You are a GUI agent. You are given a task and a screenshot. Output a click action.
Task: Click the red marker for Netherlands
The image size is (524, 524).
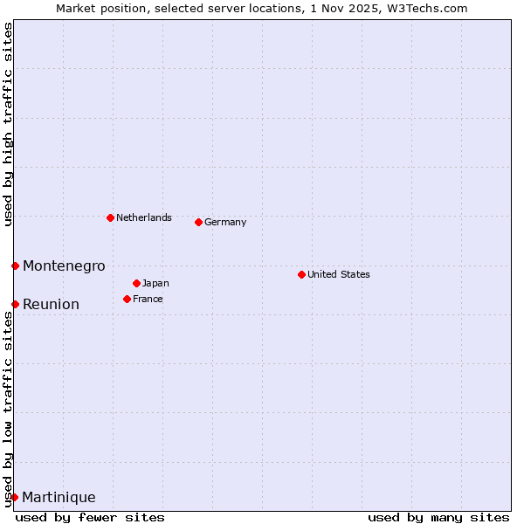tap(110, 217)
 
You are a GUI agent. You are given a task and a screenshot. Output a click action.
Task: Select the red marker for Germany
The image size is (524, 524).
tap(198, 222)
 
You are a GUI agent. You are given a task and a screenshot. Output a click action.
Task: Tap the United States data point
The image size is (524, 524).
tap(301, 274)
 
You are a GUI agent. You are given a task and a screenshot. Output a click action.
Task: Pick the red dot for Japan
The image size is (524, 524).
tap(136, 283)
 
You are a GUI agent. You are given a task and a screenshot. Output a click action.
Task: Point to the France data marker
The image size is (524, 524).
tap(127, 299)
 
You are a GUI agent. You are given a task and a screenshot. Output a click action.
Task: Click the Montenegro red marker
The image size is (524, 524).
tap(15, 265)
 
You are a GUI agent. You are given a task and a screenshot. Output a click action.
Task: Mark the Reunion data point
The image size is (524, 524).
tap(15, 304)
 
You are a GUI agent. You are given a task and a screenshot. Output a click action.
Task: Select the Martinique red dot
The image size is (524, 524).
tap(14, 497)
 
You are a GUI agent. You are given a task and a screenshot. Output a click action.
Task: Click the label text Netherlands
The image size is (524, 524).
tap(144, 217)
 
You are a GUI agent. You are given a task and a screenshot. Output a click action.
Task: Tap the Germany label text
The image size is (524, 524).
tap(225, 222)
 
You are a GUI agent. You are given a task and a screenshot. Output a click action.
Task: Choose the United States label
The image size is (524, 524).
tap(339, 274)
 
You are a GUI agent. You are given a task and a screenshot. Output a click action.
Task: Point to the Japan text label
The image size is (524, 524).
tap(155, 283)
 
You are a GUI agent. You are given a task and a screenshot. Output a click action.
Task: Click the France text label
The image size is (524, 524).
tap(148, 299)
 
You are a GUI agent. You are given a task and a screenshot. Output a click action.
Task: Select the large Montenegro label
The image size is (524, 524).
tap(64, 265)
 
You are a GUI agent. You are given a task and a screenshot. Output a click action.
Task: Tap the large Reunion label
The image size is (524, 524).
tap(51, 304)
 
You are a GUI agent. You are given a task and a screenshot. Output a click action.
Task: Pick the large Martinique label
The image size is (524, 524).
tap(59, 497)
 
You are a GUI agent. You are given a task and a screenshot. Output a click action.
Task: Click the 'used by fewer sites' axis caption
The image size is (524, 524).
tap(90, 517)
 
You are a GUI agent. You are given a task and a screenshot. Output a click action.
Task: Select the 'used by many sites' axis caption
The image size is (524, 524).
tap(438, 517)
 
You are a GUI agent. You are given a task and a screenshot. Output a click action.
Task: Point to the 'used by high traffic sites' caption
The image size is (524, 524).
tap(8, 124)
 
